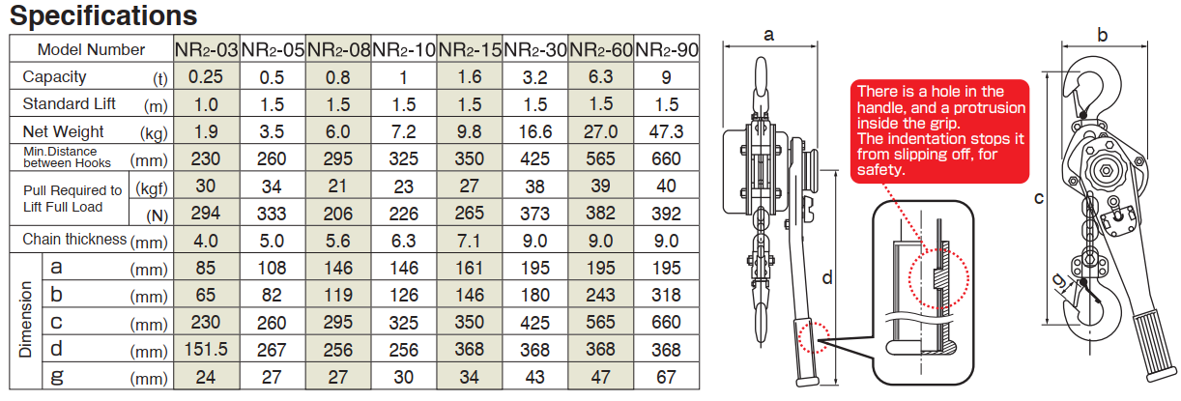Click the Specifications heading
click(x=103, y=15)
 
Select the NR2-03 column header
click(x=207, y=49)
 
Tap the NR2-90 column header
click(x=667, y=49)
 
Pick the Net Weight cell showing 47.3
click(x=667, y=131)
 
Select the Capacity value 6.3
click(x=601, y=76)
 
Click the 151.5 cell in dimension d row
click(x=207, y=350)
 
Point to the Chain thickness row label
click(x=75, y=239)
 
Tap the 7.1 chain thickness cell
click(x=470, y=239)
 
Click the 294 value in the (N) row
click(x=207, y=212)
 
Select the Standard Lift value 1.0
click(x=207, y=103)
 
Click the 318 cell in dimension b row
click(x=667, y=295)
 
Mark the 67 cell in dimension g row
click(x=667, y=377)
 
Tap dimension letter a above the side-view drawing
click(x=769, y=35)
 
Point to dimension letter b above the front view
click(x=1103, y=35)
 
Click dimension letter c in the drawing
click(x=1038, y=199)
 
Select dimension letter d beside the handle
click(x=827, y=278)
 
